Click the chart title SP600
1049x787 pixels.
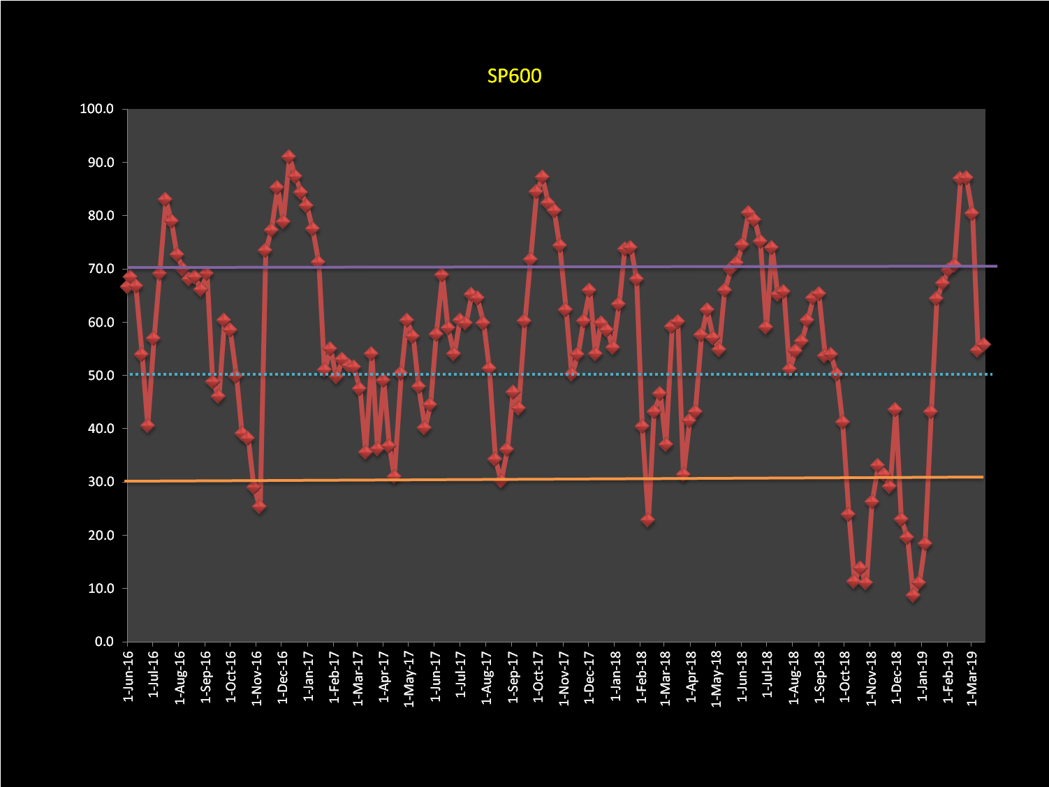coord(514,75)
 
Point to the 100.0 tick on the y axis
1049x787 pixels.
coord(96,109)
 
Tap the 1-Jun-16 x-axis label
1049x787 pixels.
coord(128,677)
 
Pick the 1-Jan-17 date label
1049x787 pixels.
coord(308,677)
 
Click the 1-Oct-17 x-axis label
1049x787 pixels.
coord(538,677)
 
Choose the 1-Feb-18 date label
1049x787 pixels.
coord(641,677)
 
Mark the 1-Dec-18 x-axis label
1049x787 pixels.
coord(897,677)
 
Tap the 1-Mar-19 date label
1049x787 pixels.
coord(972,677)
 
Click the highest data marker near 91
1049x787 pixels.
coord(288,157)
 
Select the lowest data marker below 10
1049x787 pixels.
coord(913,596)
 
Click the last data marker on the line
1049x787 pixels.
coord(983,344)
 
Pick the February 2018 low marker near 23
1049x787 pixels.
coord(647,520)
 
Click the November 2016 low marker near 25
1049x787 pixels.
coord(259,507)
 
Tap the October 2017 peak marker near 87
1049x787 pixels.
coord(542,177)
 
